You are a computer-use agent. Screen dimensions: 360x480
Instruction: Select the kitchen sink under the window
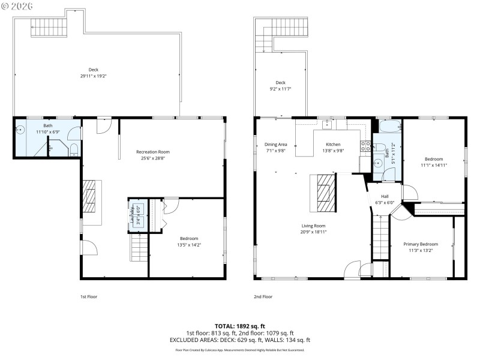(x=327, y=125)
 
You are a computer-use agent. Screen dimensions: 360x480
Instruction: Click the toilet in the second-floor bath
(x=389, y=175)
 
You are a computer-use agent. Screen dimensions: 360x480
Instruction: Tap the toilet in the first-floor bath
(x=72, y=149)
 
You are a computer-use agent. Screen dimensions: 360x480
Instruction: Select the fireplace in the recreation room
(x=90, y=196)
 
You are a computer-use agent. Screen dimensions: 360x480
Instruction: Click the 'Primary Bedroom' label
(x=420, y=244)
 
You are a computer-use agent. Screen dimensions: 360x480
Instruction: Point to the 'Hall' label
(x=385, y=196)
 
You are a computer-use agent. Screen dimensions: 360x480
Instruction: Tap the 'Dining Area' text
(x=275, y=145)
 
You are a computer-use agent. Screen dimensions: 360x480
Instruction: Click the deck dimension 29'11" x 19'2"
(x=93, y=76)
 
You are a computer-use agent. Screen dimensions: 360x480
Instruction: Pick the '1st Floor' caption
(x=88, y=296)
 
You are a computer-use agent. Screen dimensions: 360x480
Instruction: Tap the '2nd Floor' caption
(x=263, y=296)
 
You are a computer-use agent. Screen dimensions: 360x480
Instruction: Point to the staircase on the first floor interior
(x=139, y=247)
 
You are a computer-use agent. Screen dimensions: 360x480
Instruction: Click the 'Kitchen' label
(x=333, y=145)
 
